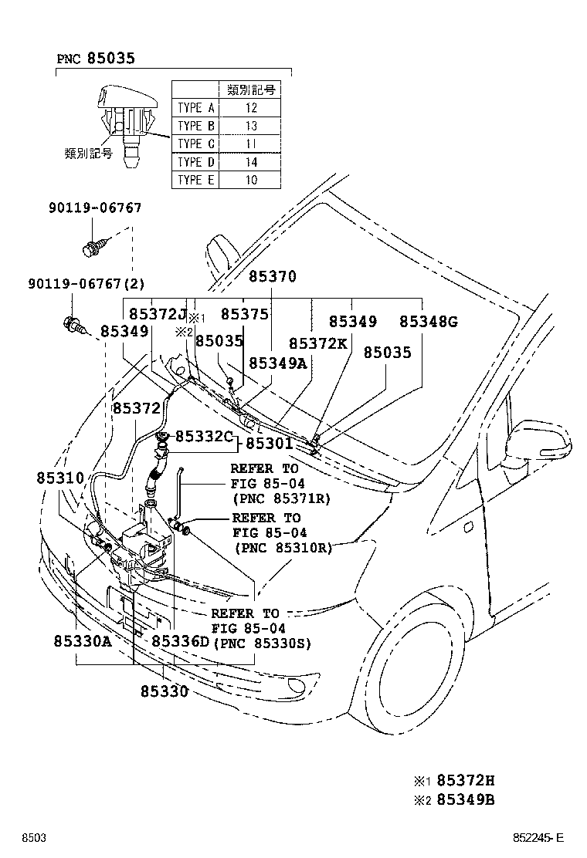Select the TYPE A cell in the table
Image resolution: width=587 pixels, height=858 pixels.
195,108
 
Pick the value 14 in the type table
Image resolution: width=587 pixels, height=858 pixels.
250,162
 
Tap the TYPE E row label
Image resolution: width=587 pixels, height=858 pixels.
195,180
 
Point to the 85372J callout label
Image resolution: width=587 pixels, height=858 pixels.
158,314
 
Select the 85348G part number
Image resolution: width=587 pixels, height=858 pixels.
428,321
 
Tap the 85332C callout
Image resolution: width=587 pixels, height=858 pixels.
203,437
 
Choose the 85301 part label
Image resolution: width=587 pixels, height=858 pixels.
270,444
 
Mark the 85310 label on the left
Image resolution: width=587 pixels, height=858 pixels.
59,478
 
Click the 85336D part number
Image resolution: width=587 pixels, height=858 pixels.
180,642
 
